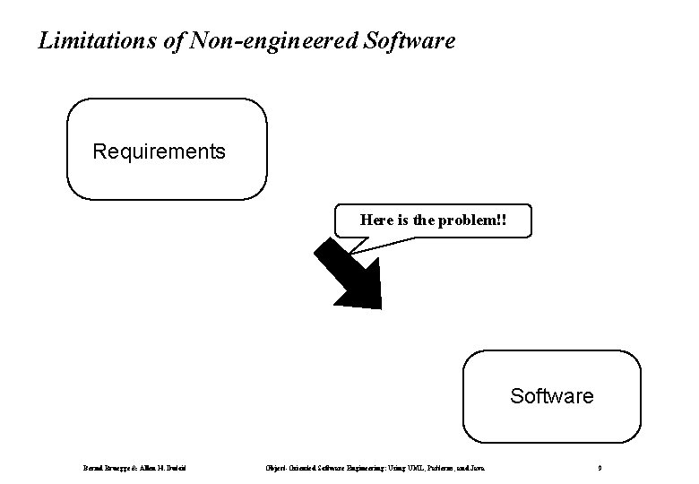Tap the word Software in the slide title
pyautogui.click(x=410, y=41)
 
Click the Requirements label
pyautogui.click(x=160, y=151)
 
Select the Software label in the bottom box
pyautogui.click(x=551, y=395)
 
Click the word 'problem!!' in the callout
pyautogui.click(x=476, y=219)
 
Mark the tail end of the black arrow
pyautogui.click(x=323, y=249)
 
